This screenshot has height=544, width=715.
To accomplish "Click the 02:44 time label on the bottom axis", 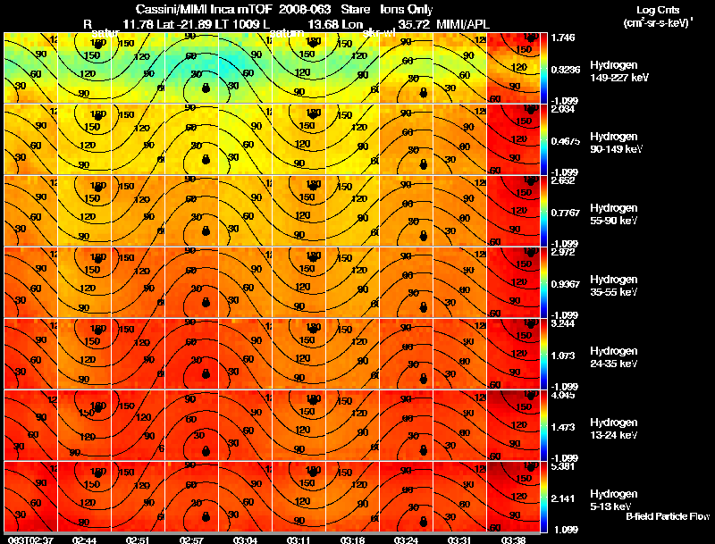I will tap(84, 540).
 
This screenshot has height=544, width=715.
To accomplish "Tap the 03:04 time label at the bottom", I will tap(247, 540).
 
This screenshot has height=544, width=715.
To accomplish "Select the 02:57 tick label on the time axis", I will tap(193, 540).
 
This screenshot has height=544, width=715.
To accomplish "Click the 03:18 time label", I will tap(353, 540).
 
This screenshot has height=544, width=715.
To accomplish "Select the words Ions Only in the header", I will tap(406, 8).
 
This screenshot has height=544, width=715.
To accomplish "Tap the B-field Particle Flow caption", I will tap(667, 516).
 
